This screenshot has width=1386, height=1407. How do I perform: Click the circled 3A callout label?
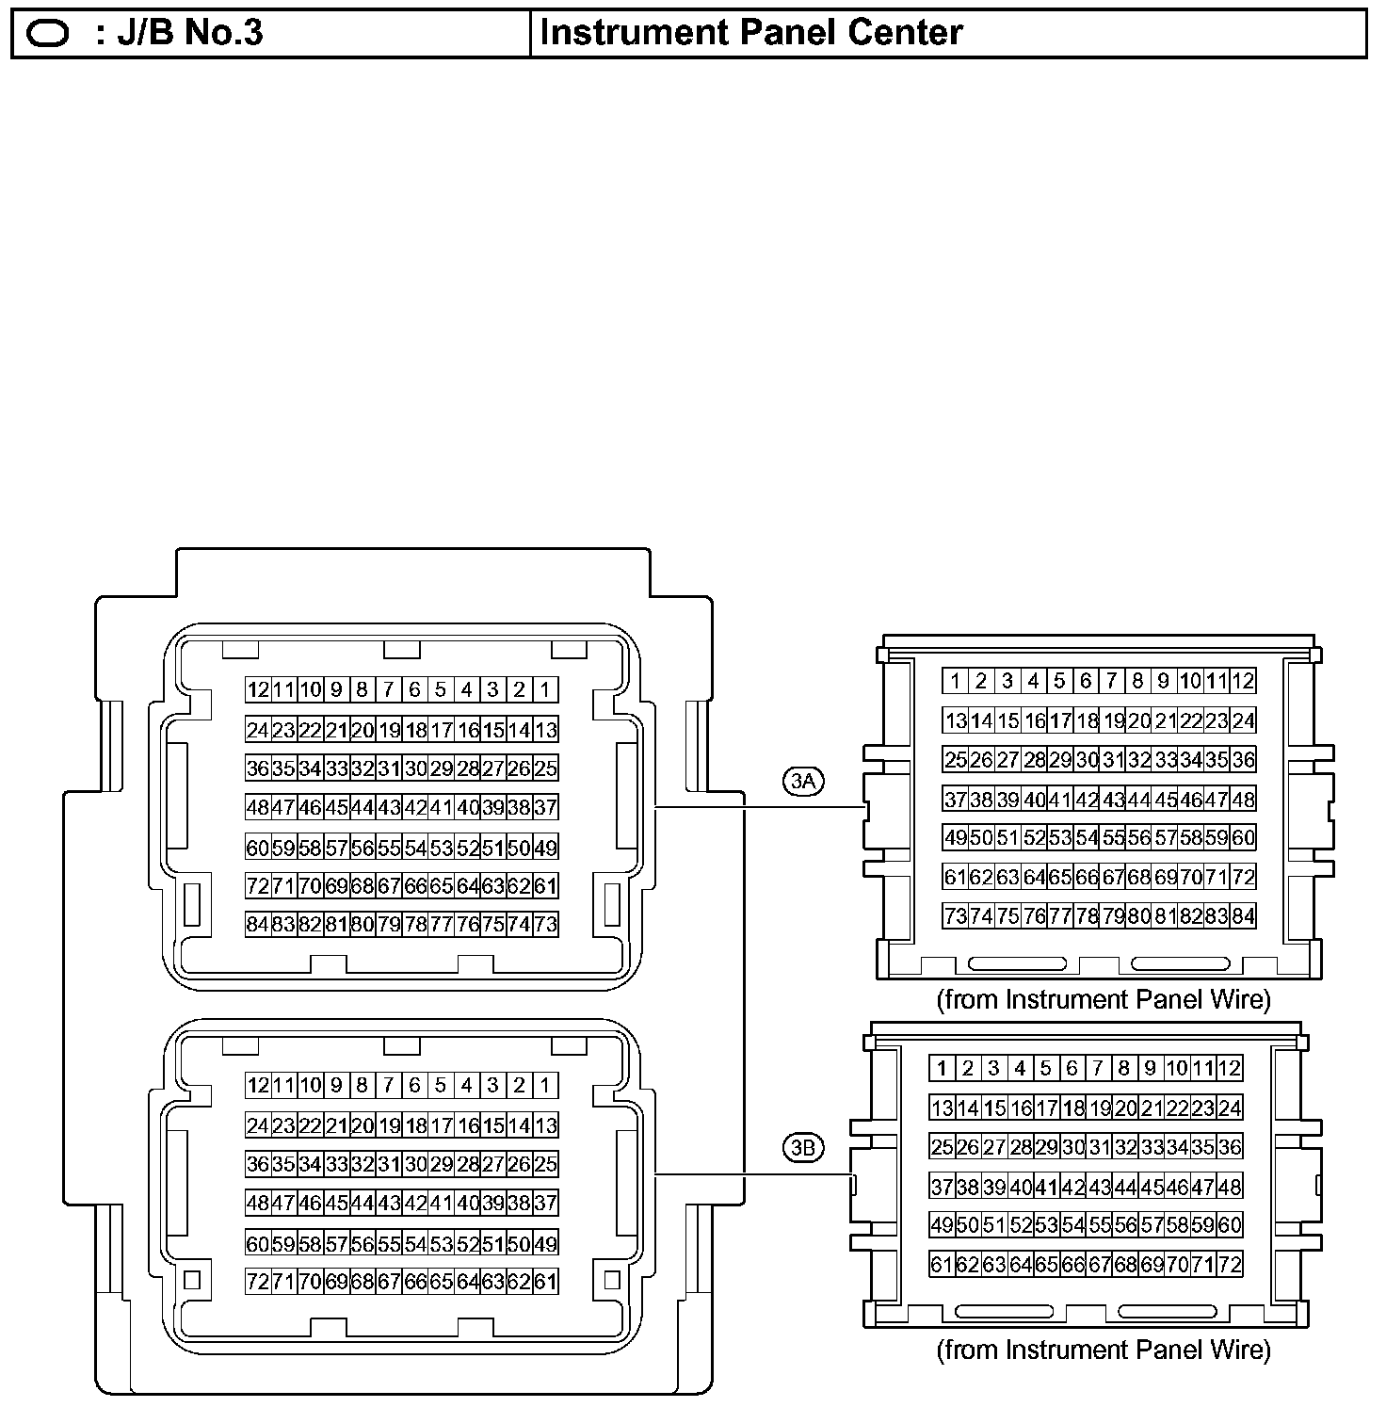coord(803,781)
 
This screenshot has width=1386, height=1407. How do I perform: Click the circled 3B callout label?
coord(803,1148)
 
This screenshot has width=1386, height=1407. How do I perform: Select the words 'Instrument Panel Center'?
coord(751,33)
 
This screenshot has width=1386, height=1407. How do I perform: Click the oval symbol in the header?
coord(49,34)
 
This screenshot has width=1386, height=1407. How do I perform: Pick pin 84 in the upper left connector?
coord(257,925)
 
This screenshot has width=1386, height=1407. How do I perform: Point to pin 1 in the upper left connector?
coord(545,689)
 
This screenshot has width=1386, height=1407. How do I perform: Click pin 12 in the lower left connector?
coord(257,1085)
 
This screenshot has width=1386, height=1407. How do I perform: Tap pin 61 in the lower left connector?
coord(545,1282)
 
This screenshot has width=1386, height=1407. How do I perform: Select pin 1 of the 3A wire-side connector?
coord(955,681)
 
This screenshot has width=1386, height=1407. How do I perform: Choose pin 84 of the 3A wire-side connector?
coord(1243,916)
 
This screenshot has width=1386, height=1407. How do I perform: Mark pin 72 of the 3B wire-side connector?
coord(1230,1265)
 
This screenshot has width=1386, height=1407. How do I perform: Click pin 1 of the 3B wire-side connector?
coord(942,1068)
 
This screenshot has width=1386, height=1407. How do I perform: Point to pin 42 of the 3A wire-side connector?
coord(1087,800)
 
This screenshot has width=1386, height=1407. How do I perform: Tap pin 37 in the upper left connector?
coord(545,807)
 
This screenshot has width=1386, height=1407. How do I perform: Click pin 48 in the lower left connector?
coord(257,1204)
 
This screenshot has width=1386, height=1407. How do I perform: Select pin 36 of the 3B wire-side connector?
coord(1230,1147)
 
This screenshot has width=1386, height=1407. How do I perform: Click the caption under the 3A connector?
coord(1103,999)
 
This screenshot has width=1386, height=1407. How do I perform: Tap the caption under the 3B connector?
coord(1103,1350)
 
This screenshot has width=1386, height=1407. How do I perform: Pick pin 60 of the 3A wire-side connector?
coord(1243,837)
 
